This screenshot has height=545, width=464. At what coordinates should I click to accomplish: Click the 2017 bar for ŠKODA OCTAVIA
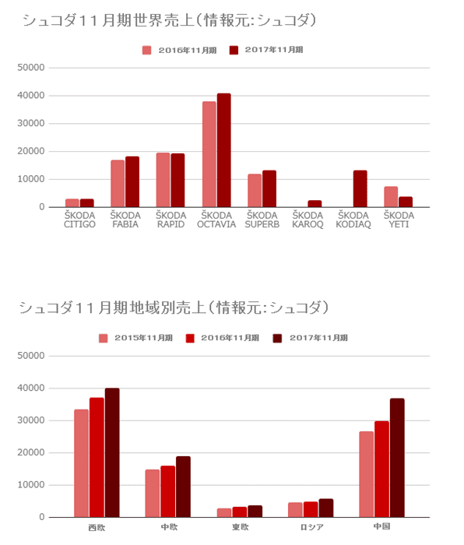coord(224,150)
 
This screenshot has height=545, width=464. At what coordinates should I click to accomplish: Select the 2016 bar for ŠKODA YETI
coord(391,197)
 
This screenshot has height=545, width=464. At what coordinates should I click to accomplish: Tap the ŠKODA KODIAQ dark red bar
coord(360,188)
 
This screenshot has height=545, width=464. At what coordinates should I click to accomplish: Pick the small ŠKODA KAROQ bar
coord(315,204)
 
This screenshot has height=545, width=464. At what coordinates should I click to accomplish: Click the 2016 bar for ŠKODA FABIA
coord(118,184)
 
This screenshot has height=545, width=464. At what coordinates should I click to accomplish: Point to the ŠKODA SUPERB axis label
coord(262,220)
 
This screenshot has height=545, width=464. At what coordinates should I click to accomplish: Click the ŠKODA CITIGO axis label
coord(79,220)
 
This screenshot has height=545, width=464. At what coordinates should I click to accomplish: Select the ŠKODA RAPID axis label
coord(170,220)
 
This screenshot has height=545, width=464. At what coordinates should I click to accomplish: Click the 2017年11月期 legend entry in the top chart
coord(266,50)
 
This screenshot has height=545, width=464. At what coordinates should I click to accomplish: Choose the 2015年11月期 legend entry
coord(135,338)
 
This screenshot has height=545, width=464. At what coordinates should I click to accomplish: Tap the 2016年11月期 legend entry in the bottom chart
coord(223,338)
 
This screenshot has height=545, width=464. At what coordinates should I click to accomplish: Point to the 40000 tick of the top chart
coord(31,95)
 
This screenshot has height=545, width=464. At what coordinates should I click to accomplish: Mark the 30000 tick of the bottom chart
coord(31,420)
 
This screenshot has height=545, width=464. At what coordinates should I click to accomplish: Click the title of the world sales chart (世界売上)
coord(170,20)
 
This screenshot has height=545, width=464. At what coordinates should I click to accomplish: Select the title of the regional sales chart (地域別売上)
coord(174,308)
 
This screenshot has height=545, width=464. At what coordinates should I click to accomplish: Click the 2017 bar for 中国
coord(397,458)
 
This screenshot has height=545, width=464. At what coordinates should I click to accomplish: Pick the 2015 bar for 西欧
coord(81,463)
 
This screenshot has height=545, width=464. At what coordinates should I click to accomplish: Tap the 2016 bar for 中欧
coord(168,491)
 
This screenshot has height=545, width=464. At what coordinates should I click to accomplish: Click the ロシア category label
coord(311,527)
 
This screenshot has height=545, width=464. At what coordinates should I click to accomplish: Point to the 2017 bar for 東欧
coord(255,512)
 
